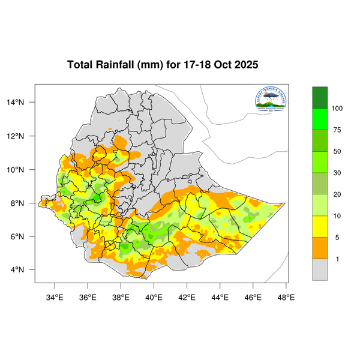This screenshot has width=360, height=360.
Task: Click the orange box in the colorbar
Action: (x=320, y=248)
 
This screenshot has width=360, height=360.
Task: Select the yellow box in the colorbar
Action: (x=320, y=226)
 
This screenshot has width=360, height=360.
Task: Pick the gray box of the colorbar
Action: (x=320, y=269)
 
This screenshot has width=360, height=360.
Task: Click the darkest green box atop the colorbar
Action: (x=320, y=97)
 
